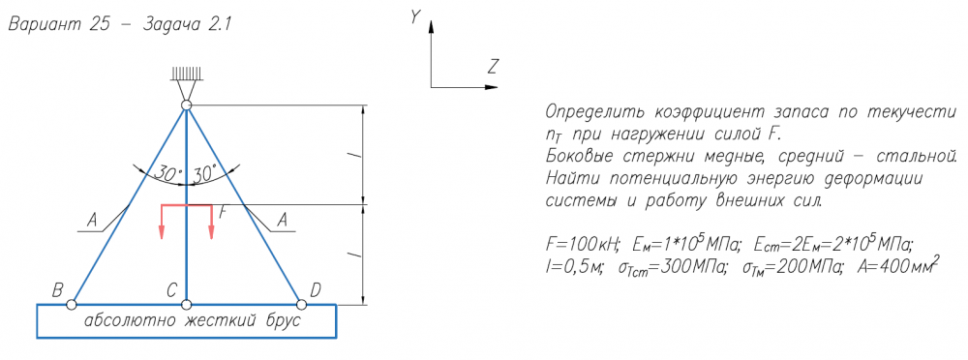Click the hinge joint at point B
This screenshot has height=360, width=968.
[x=72, y=305]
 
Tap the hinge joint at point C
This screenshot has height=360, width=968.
[x=187, y=305]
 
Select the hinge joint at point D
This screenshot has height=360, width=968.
[x=301, y=305]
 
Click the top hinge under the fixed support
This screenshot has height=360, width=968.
[x=187, y=105]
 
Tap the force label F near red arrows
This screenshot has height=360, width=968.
[x=224, y=212]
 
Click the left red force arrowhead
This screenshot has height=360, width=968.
[x=161, y=232]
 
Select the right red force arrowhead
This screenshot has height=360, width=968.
[x=211, y=232]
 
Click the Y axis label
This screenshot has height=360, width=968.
[x=415, y=17]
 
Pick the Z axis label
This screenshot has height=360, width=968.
[x=492, y=66]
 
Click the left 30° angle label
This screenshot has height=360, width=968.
[x=167, y=173]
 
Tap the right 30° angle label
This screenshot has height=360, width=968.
[x=205, y=173]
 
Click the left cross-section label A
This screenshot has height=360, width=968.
[x=92, y=220]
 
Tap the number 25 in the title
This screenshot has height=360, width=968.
[x=104, y=26]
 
